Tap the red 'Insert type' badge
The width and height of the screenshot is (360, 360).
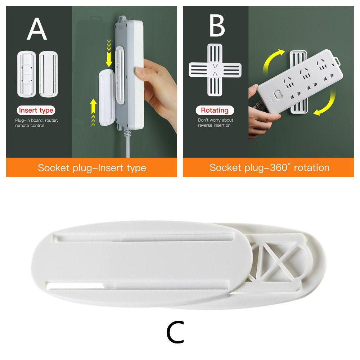[36, 110]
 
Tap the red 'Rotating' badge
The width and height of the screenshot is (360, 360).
[215, 110]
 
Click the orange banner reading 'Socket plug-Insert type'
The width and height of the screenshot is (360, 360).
[92, 167]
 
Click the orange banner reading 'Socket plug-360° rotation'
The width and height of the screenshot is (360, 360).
[269, 167]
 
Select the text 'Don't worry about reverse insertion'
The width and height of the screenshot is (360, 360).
[215, 122]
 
